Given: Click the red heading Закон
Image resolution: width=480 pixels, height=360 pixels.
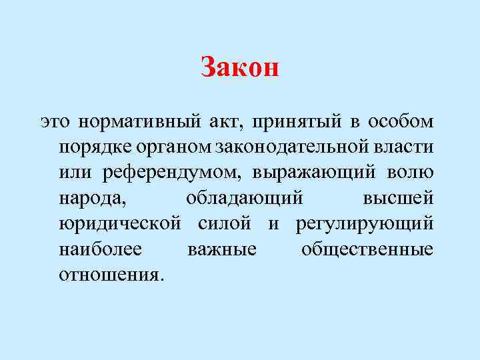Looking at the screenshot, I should pos(239,68).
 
